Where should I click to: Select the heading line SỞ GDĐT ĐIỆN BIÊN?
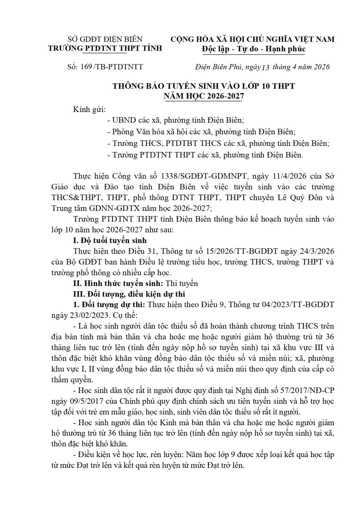105,39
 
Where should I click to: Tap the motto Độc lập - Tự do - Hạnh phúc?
253,49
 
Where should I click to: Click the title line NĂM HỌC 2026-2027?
204,96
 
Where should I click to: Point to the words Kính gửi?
90,110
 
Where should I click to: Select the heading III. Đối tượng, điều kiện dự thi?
129,294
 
